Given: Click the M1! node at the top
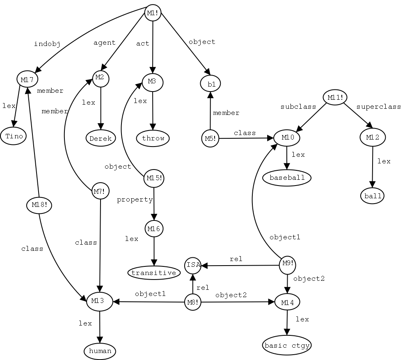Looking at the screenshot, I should [153, 14].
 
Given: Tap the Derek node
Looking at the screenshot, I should [101, 138].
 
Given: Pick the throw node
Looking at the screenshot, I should [153, 138].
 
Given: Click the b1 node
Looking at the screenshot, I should [211, 84].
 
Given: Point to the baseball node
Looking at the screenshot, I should [287, 178].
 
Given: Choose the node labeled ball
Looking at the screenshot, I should [373, 196].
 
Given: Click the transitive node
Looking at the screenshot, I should [154, 273].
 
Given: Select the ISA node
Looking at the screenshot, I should [193, 265].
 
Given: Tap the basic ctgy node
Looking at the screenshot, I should [287, 346].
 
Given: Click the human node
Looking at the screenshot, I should [100, 351].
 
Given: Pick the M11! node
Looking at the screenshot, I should [335, 97].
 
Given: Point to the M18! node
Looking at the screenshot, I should [39, 204].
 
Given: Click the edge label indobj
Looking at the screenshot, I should [47, 44].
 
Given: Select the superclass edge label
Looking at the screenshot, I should [378, 107].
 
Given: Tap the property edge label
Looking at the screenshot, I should [135, 200].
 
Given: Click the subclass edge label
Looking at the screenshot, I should [298, 107].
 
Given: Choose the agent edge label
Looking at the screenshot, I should [105, 42].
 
